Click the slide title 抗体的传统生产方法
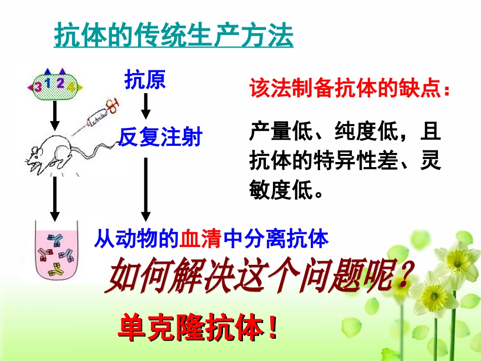pos(174,35)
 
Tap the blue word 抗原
pos(145,80)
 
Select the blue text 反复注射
pos(160,137)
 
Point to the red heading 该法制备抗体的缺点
pos(349,89)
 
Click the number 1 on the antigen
pos(48,83)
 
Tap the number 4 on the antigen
pos(70,87)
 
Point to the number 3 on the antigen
pos(37,87)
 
